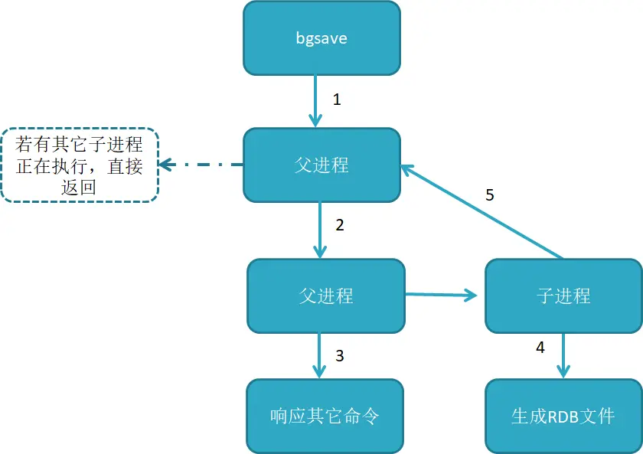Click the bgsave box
coord(321,38)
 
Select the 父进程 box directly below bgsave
coord(321,165)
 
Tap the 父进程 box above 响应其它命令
coord(325,296)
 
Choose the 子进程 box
coord(563,296)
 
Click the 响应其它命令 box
coord(325,416)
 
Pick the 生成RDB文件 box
coord(563,416)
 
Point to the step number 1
coord(336,99)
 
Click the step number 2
coord(339,225)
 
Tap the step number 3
coord(340,356)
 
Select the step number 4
coord(540,347)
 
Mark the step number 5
coord(490,194)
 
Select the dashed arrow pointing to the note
coord(201,165)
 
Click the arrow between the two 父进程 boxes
coord(321,230)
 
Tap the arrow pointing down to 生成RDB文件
coord(564,355)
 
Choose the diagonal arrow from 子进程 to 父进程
coord(482,211)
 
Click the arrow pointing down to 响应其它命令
coord(321,355)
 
